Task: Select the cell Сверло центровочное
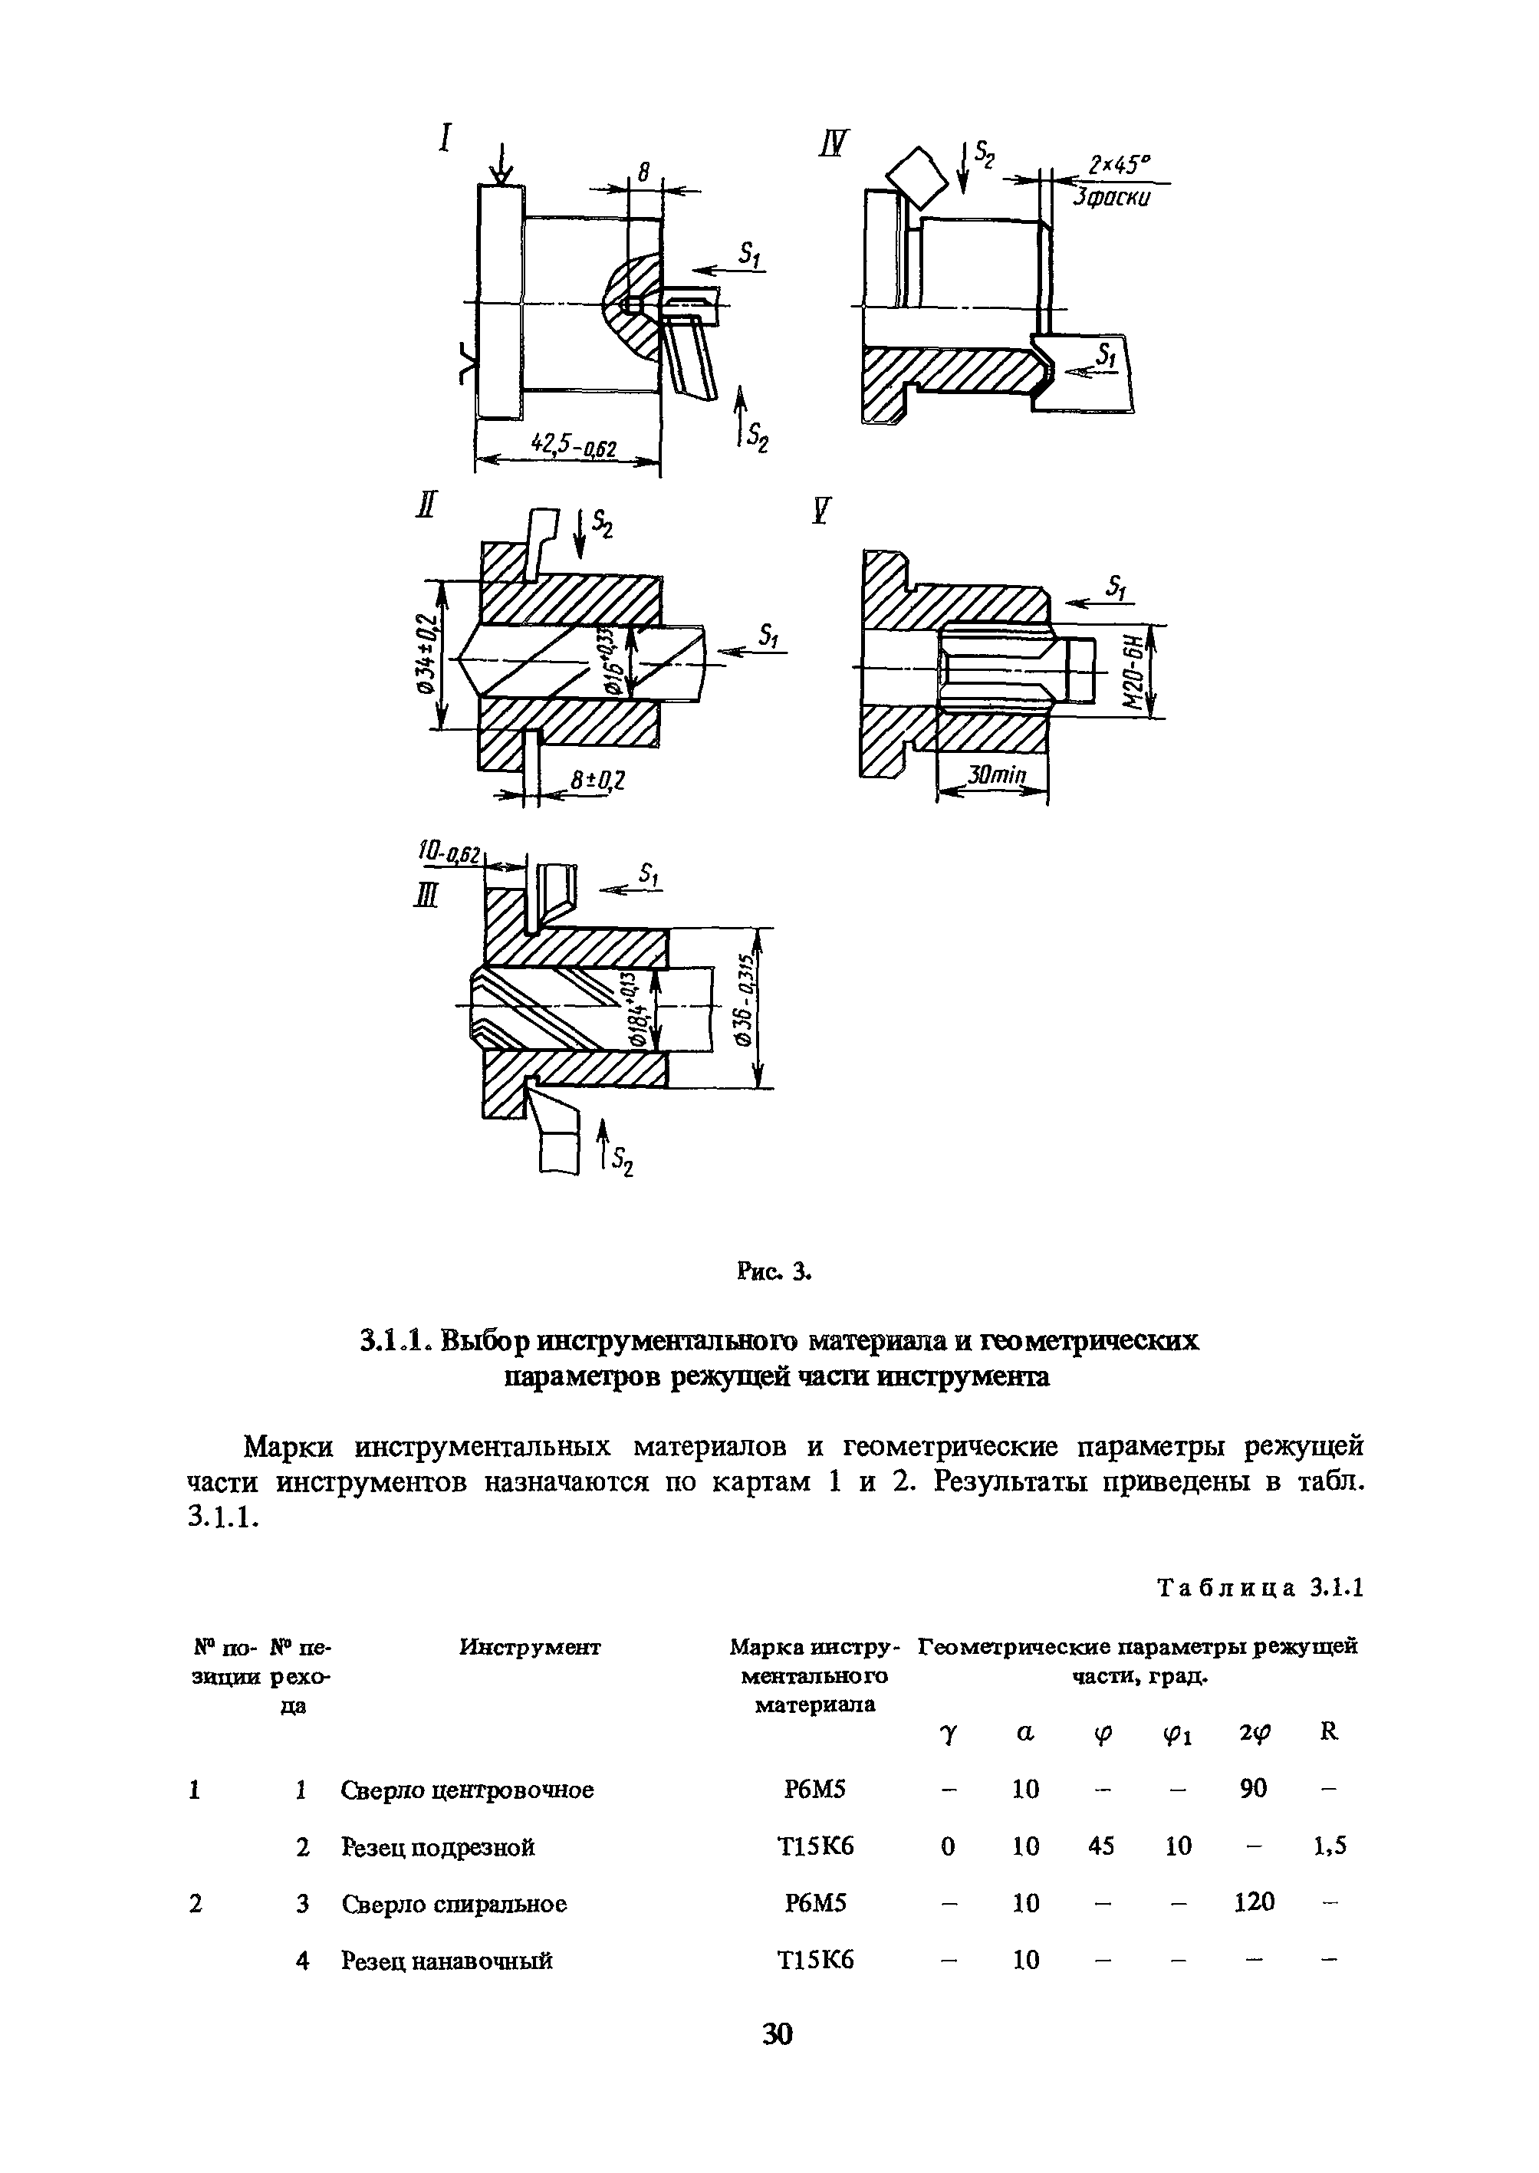click(467, 1790)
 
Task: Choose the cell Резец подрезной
click(438, 1847)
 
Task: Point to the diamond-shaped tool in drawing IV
click(916, 176)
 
